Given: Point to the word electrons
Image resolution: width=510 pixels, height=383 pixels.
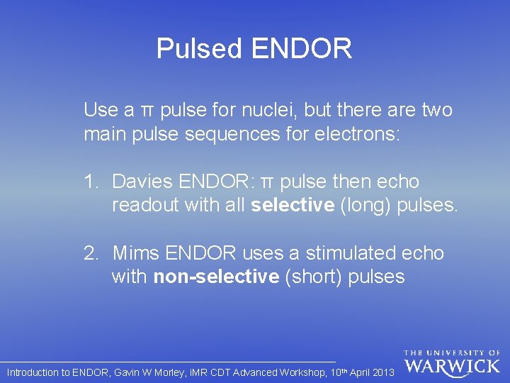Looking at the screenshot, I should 359,134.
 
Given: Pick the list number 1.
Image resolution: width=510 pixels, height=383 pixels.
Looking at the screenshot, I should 90,182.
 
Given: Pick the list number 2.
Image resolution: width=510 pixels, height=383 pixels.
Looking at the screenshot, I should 90,253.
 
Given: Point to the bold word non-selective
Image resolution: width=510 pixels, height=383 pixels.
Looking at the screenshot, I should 216,277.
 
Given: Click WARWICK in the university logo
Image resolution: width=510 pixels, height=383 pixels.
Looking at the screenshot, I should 452,367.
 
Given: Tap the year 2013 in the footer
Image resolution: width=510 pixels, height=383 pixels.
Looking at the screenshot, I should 382,372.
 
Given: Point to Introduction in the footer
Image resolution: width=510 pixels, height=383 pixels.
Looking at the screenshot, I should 33,372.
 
